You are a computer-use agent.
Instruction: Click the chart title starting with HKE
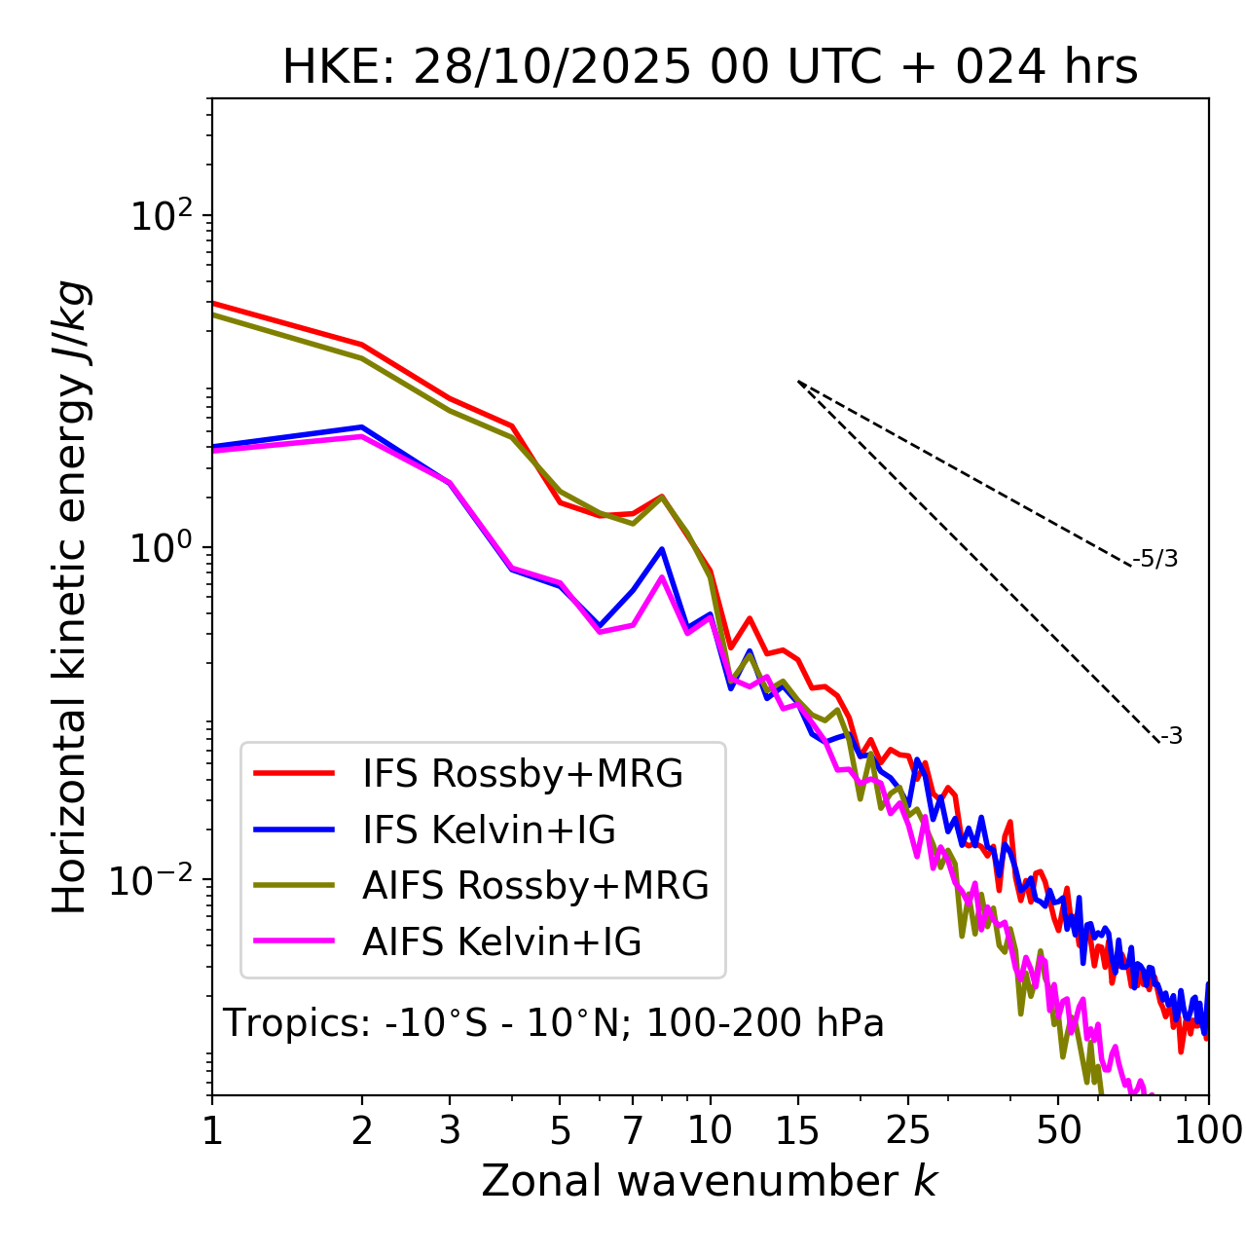pyautogui.click(x=710, y=67)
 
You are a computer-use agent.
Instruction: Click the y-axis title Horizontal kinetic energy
pyautogui.click(x=71, y=598)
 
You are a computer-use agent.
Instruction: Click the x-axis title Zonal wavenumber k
pyautogui.click(x=709, y=1181)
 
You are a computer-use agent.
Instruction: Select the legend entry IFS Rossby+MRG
pyautogui.click(x=522, y=774)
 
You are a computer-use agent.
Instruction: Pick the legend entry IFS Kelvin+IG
pyautogui.click(x=489, y=830)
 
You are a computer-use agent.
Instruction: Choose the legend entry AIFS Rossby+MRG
pyautogui.click(x=535, y=886)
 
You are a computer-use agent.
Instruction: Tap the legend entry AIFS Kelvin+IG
pyautogui.click(x=501, y=942)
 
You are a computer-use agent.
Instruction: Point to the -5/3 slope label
pyautogui.click(x=1155, y=559)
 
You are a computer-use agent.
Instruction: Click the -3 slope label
pyautogui.click(x=1171, y=737)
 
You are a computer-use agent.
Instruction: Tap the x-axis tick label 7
pyautogui.click(x=633, y=1130)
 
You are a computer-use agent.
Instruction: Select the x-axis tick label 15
pyautogui.click(x=798, y=1130)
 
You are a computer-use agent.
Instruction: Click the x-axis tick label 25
pyautogui.click(x=908, y=1130)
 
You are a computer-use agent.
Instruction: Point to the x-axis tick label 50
pyautogui.click(x=1059, y=1130)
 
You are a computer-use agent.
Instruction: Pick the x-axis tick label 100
pyautogui.click(x=1207, y=1130)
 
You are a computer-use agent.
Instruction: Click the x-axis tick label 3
pyautogui.click(x=450, y=1130)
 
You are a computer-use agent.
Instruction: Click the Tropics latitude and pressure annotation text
pyautogui.click(x=553, y=1023)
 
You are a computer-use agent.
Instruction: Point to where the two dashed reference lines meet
pyautogui.click(x=798, y=382)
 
